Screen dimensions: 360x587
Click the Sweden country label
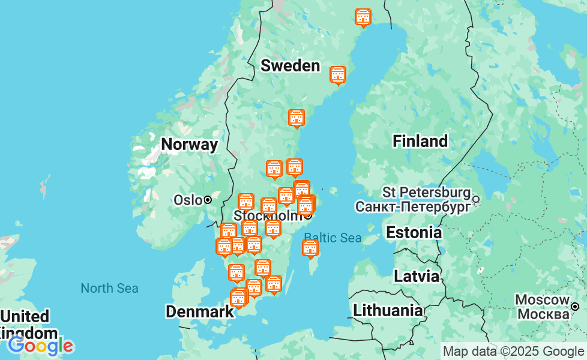pyautogui.click(x=290, y=65)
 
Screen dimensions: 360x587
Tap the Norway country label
pyautogui.click(x=189, y=144)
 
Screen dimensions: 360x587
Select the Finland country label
pyautogui.click(x=420, y=141)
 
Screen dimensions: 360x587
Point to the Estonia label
pyautogui.click(x=414, y=232)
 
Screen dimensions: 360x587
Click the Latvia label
pyautogui.click(x=416, y=276)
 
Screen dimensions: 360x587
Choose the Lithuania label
pyautogui.click(x=387, y=310)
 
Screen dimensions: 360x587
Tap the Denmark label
pyautogui.click(x=199, y=311)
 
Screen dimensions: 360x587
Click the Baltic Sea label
pyautogui.click(x=333, y=238)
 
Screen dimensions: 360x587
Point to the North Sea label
pyautogui.click(x=109, y=288)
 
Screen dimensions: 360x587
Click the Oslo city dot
pyautogui.click(x=208, y=200)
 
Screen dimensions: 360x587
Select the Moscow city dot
pyautogui.click(x=575, y=307)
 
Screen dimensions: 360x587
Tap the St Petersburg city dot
pyautogui.click(x=476, y=199)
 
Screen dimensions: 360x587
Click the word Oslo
pyautogui.click(x=187, y=200)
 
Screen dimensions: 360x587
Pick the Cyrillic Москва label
pyautogui.click(x=543, y=314)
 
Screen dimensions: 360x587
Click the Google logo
pyautogui.click(x=41, y=346)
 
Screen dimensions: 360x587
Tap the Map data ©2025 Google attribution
pyautogui.click(x=513, y=352)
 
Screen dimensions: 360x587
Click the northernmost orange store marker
pyautogui.click(x=363, y=17)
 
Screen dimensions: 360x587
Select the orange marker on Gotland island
pyautogui.click(x=310, y=247)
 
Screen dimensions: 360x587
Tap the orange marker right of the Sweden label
pyautogui.click(x=338, y=74)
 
